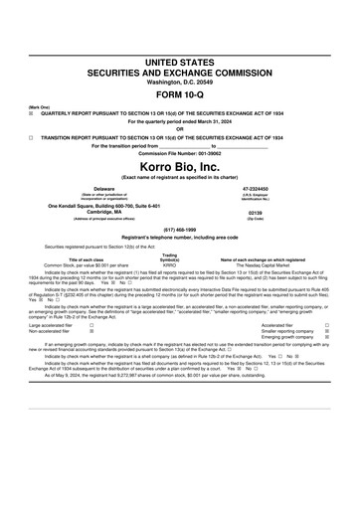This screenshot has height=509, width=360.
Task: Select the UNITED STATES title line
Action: pos(179,63)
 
